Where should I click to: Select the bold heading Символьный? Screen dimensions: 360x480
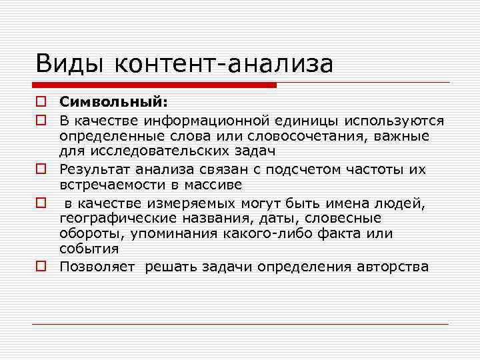[x=114, y=102]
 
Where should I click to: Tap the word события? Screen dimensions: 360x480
[x=89, y=249]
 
